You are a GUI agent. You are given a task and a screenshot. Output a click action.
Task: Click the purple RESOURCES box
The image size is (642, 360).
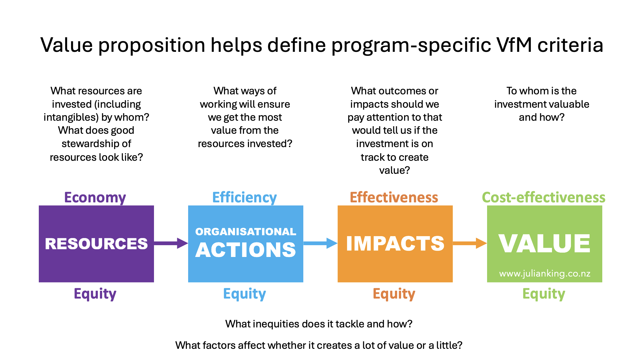pyautogui.click(x=96, y=244)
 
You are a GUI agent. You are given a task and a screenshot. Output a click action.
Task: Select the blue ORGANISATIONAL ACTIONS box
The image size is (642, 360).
pyautogui.click(x=246, y=244)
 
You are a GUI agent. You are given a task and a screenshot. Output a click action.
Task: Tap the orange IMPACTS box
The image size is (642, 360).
pyautogui.click(x=395, y=244)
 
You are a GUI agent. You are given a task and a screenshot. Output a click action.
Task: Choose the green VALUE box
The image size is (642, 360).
pyautogui.click(x=545, y=244)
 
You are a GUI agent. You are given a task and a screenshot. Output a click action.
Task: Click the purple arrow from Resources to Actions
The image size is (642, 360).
pyautogui.click(x=171, y=243)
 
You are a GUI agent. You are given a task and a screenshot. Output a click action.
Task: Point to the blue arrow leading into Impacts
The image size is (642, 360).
pyautogui.click(x=320, y=243)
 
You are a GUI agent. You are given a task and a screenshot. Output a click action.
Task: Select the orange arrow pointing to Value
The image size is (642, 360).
pyautogui.click(x=470, y=243)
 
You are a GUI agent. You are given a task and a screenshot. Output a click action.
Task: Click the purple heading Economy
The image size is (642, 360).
pyautogui.click(x=95, y=197)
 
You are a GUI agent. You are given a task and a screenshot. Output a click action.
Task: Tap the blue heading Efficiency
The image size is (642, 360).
pyautogui.click(x=244, y=197)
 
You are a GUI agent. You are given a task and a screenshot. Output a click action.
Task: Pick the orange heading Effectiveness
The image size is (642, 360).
pyautogui.click(x=394, y=197)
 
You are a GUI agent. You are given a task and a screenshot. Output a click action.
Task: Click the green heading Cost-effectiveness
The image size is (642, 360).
pyautogui.click(x=544, y=197)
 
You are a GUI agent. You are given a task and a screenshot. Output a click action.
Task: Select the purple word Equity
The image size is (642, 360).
pyautogui.click(x=95, y=294)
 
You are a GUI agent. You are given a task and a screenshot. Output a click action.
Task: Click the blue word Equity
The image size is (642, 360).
pyautogui.click(x=244, y=294)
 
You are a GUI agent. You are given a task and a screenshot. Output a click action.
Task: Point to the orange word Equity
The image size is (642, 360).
pyautogui.click(x=394, y=294)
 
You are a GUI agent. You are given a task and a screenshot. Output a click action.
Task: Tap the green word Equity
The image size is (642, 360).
pyautogui.click(x=544, y=294)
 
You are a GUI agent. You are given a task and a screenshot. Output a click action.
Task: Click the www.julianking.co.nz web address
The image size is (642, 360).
pyautogui.click(x=545, y=273)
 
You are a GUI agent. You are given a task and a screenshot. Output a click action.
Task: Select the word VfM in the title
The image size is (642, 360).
pyautogui.click(x=514, y=45)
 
